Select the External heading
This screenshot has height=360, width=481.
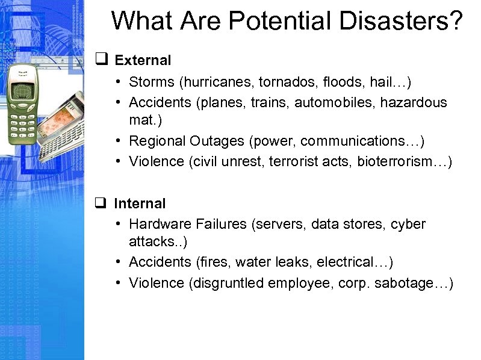click(143, 60)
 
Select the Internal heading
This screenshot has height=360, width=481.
click(140, 204)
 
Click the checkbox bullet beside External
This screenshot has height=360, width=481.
click(101, 60)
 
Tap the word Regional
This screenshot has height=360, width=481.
click(157, 141)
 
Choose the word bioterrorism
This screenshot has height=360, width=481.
click(397, 161)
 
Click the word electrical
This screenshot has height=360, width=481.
click(353, 262)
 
